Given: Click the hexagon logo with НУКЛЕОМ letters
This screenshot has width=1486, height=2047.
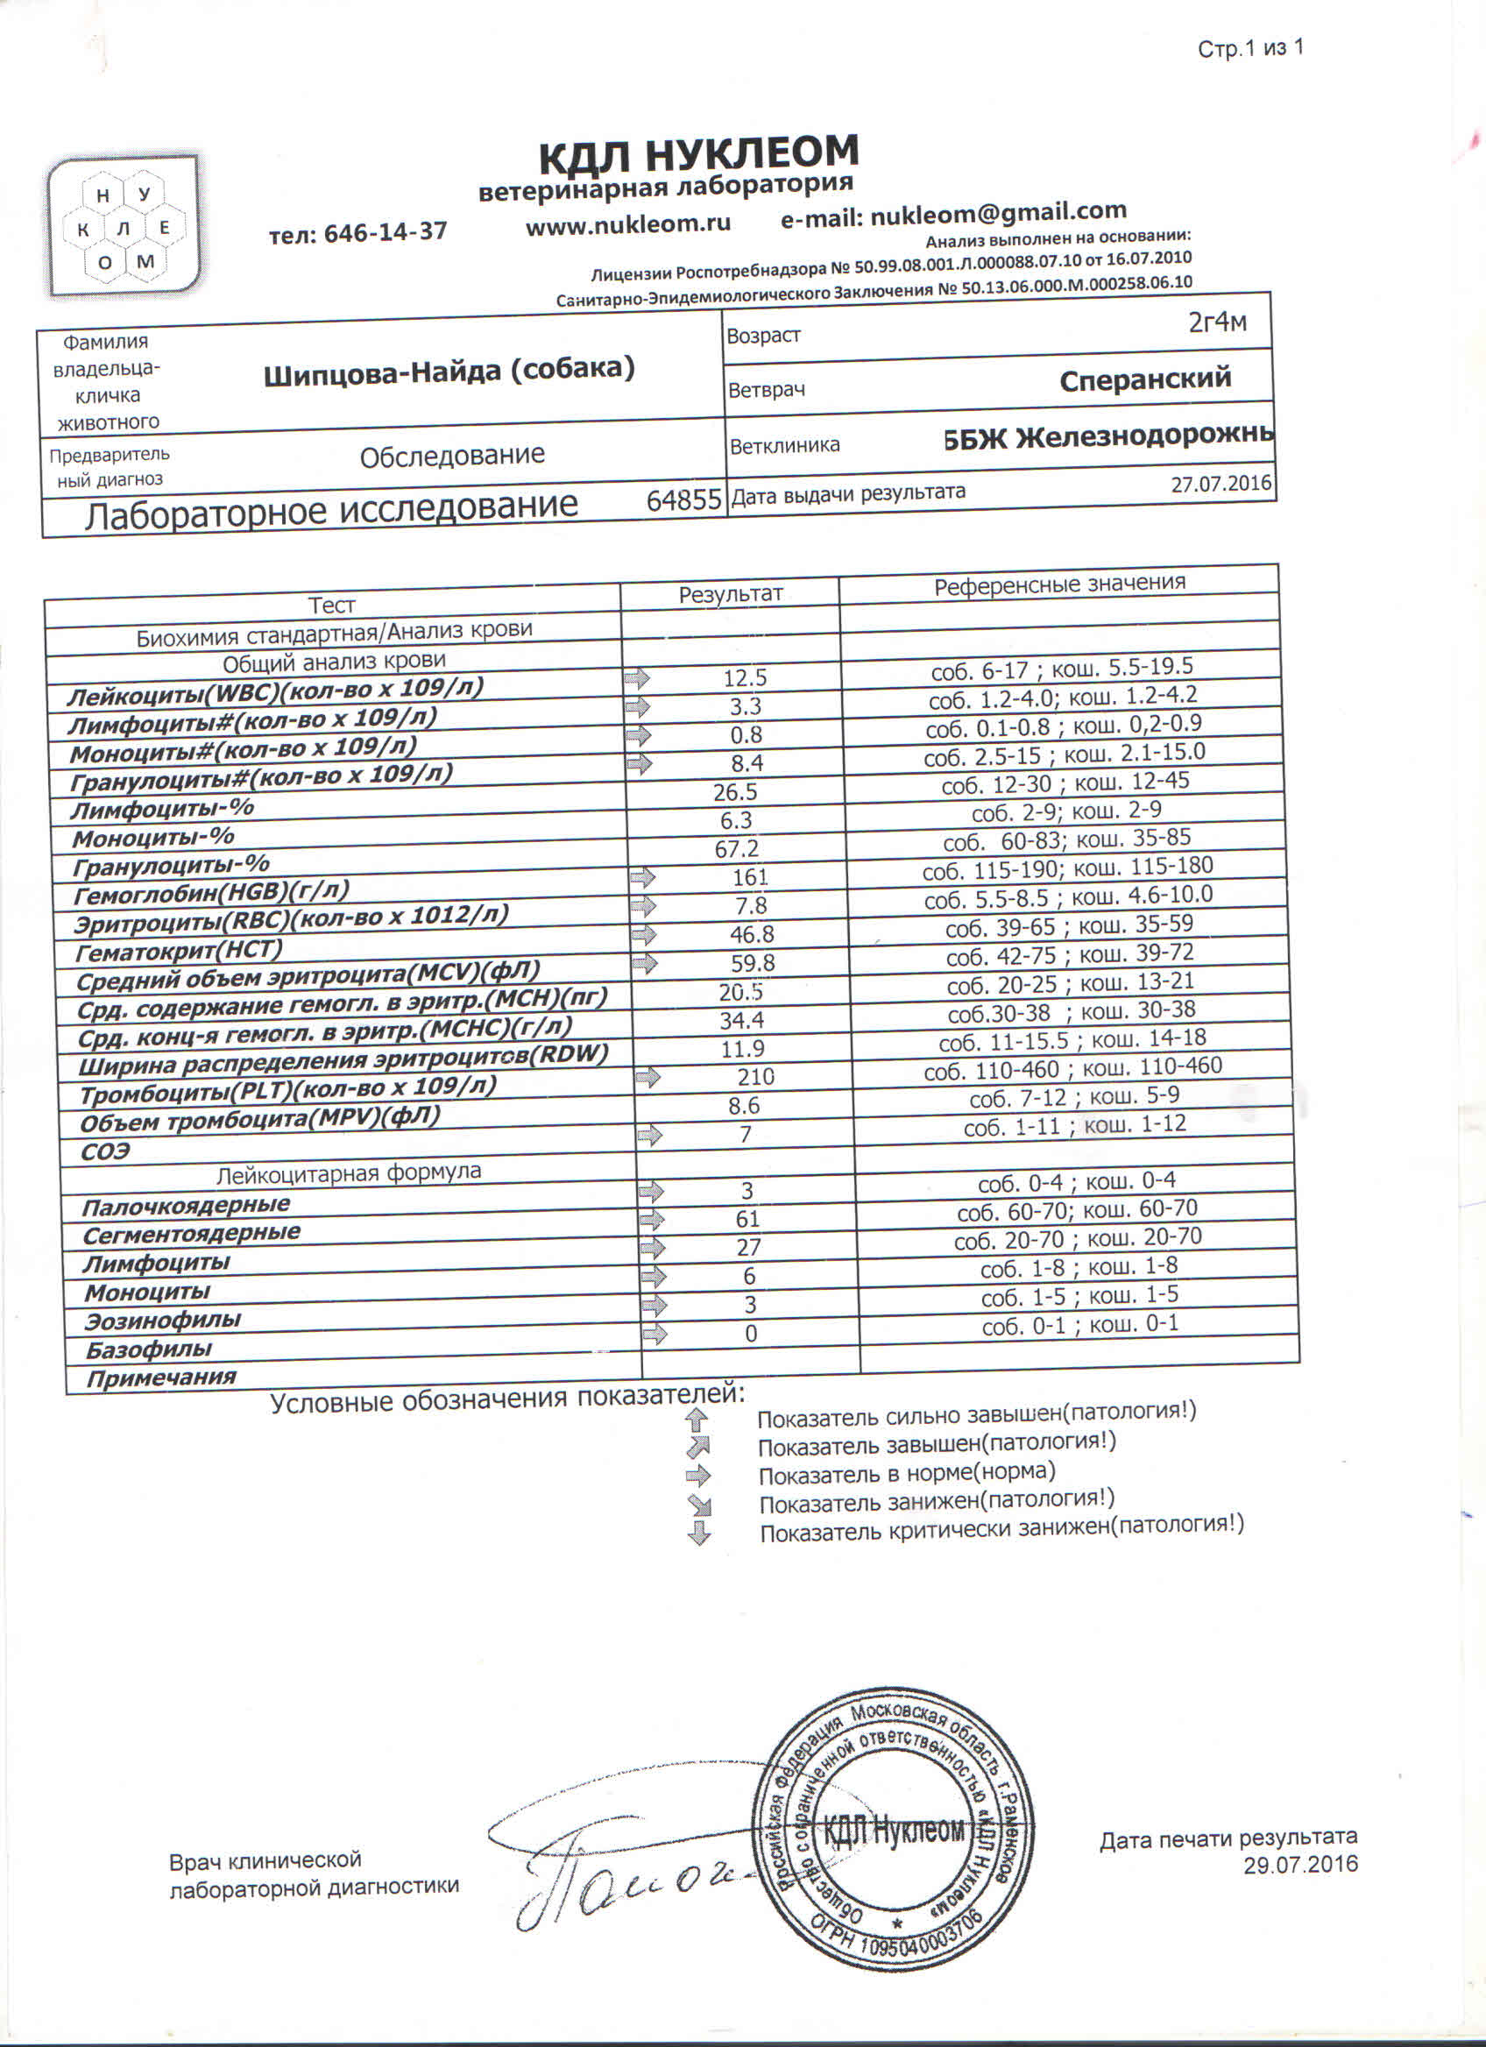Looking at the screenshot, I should [x=124, y=228].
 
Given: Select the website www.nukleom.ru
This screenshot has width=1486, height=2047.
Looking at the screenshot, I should [x=628, y=224].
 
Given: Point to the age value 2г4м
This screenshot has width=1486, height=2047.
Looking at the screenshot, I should [x=1218, y=322].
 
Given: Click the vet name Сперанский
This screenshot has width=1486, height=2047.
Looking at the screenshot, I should [x=1145, y=379].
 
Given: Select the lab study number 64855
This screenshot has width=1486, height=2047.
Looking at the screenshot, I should [x=684, y=500].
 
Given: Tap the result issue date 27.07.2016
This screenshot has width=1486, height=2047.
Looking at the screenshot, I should [x=1221, y=484].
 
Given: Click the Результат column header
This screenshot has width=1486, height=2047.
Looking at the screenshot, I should [x=730, y=594].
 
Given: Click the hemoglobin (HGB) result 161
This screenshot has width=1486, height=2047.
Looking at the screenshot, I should [x=750, y=876].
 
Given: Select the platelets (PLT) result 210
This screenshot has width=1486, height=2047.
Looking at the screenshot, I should [x=755, y=1077].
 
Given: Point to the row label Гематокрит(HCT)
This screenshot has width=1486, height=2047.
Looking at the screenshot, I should [x=180, y=952].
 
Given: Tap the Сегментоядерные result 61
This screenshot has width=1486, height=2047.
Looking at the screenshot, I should [x=747, y=1220].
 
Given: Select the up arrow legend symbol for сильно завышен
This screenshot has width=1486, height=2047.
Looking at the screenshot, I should [x=697, y=1420].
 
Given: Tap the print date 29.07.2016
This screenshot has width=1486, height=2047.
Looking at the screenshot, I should [x=1300, y=1866].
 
